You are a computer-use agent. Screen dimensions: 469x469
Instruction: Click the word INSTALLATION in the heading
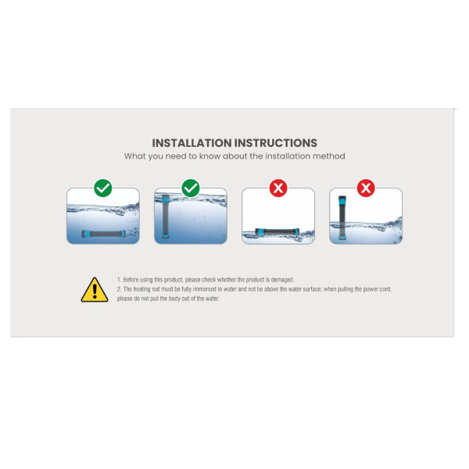(x=192, y=143)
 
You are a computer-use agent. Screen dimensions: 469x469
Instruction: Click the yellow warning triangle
(x=95, y=290)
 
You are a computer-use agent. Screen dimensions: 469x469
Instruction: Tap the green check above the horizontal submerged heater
(x=103, y=188)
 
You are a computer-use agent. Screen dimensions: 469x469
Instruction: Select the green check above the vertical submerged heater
(x=191, y=188)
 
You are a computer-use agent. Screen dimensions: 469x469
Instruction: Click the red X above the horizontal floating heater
(x=278, y=188)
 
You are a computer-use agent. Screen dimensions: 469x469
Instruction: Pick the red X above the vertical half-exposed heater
(x=366, y=188)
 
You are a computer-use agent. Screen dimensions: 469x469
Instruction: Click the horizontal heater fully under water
(x=103, y=234)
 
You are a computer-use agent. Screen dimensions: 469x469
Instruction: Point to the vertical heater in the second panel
(x=166, y=217)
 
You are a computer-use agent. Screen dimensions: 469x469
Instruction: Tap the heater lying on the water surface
(x=277, y=232)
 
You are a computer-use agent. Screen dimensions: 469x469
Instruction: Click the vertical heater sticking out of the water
(x=342, y=218)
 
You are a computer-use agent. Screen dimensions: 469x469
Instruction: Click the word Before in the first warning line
(x=131, y=280)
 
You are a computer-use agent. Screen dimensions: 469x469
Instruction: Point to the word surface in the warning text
(x=311, y=289)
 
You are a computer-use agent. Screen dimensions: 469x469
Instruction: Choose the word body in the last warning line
(x=174, y=299)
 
